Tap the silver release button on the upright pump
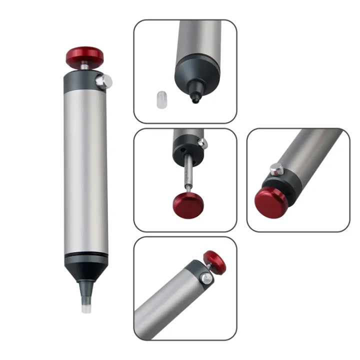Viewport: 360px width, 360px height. click(105, 81)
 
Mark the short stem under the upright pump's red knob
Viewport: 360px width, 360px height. click(85, 67)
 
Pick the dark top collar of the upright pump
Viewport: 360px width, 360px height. click(82, 81)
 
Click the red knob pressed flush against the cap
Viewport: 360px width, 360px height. click(270, 201)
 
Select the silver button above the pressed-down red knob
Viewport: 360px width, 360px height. click(275, 169)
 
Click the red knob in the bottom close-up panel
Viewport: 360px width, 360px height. click(214, 262)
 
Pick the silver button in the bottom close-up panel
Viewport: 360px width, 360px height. click(205, 278)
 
